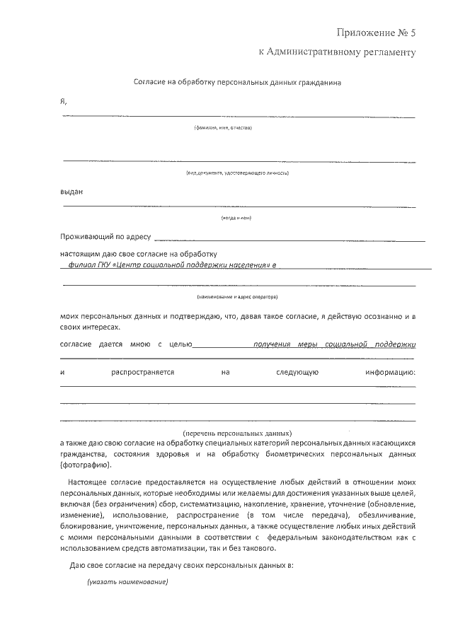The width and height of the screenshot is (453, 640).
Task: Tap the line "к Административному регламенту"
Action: point(336,52)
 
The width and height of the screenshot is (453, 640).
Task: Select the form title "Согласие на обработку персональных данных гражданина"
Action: point(238,83)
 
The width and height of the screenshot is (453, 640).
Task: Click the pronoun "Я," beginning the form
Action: point(64,101)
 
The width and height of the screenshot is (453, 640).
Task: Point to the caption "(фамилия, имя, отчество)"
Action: point(223,128)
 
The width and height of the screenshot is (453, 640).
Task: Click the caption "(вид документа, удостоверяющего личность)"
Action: point(237,173)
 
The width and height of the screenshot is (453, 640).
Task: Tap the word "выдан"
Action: point(71,191)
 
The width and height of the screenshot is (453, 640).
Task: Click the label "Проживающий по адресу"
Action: point(105,237)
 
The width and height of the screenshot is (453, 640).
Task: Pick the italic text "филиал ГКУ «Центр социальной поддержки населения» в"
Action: point(171,265)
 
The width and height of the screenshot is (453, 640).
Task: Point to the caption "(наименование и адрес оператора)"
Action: point(237,296)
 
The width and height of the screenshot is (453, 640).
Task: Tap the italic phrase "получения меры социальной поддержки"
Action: point(334,344)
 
